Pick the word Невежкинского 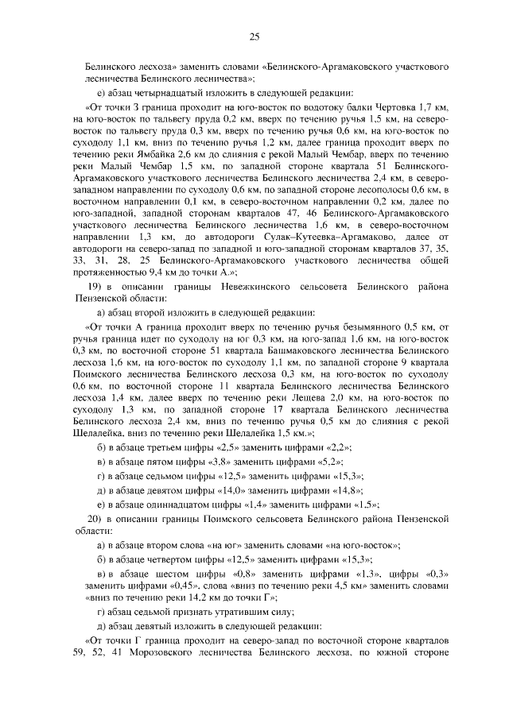click(x=243, y=284)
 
